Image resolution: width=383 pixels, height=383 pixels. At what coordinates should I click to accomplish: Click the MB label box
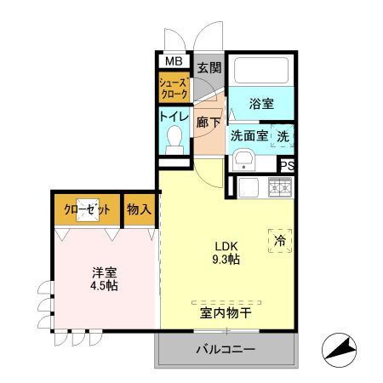coord(173,61)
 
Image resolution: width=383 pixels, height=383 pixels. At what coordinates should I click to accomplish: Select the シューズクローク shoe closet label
coord(174,88)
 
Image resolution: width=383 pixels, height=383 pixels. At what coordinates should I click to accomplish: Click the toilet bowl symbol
coord(175,137)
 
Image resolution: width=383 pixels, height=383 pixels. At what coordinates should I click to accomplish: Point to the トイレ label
coord(174,117)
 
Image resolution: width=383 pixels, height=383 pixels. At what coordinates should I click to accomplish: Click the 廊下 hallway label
coord(209,123)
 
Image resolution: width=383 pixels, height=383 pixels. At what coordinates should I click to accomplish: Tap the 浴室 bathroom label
coord(261,105)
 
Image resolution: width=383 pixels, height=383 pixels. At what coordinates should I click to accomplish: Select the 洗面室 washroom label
coord(249,135)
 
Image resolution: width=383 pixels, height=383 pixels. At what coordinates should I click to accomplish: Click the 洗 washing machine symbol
coord(282,135)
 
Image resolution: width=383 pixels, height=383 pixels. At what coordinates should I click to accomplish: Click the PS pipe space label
coord(287,166)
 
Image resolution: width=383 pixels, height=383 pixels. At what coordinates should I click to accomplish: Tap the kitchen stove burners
coord(279,187)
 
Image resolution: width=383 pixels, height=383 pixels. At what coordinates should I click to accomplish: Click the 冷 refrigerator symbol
coord(279,242)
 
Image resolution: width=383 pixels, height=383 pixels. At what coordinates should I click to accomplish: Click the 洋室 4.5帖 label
coord(105,278)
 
